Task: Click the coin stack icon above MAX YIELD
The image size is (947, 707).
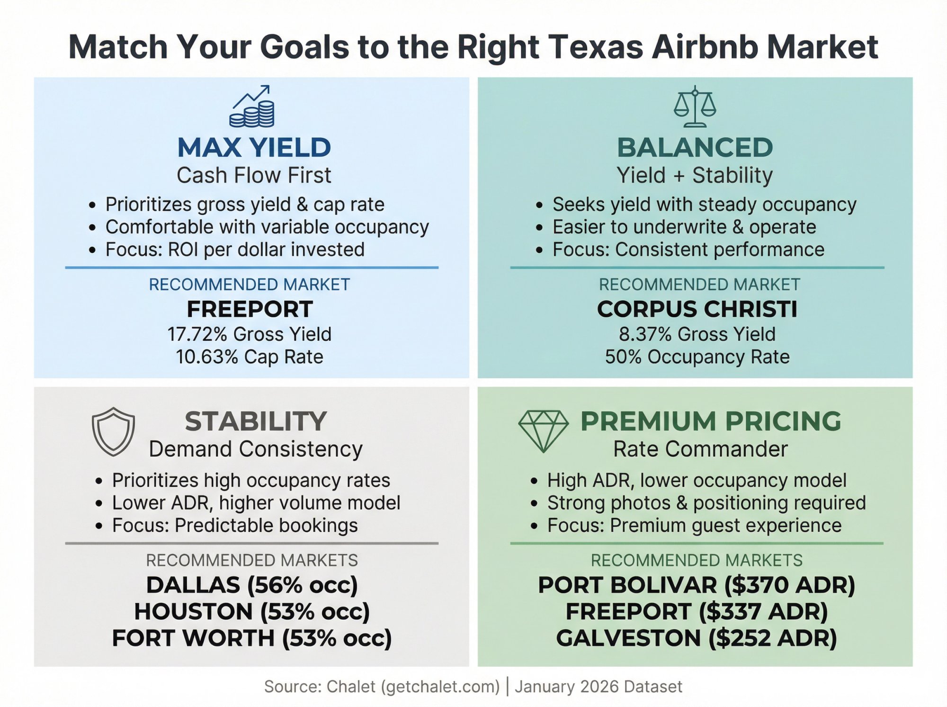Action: (252, 107)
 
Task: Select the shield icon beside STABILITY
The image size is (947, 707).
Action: (113, 431)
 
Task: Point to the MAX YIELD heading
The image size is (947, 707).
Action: (254, 147)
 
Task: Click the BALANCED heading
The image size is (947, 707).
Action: (695, 147)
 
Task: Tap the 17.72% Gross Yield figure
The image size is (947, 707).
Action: (250, 334)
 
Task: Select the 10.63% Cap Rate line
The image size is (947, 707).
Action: (250, 357)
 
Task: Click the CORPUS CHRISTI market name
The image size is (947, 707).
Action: (697, 309)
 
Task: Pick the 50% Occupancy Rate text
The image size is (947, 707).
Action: (697, 357)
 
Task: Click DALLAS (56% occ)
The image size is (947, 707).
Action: (252, 585)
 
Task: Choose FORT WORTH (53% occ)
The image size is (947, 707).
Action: (252, 638)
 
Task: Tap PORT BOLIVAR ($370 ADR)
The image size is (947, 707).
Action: (697, 585)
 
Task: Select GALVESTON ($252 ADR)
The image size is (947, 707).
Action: (697, 638)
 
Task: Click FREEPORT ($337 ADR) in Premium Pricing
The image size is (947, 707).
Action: (697, 612)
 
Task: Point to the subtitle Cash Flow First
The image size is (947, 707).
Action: (254, 176)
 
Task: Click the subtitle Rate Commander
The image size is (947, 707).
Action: (700, 449)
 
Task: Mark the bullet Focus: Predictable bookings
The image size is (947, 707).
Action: (235, 526)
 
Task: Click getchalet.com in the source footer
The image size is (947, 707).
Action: (440, 687)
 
